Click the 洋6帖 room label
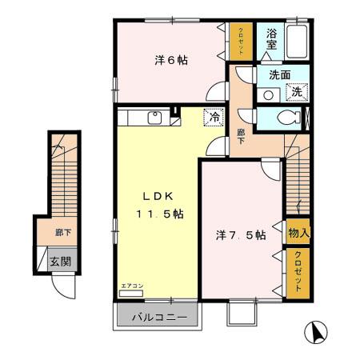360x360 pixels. click(x=171, y=60)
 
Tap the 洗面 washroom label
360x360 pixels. click(x=279, y=75)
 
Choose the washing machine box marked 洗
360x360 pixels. click(x=297, y=92)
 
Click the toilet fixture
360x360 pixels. click(x=287, y=118)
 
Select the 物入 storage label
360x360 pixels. click(x=298, y=233)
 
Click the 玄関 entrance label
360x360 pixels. click(x=59, y=261)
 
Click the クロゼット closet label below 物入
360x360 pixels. click(x=298, y=270)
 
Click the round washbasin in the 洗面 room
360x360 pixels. click(x=269, y=93)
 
